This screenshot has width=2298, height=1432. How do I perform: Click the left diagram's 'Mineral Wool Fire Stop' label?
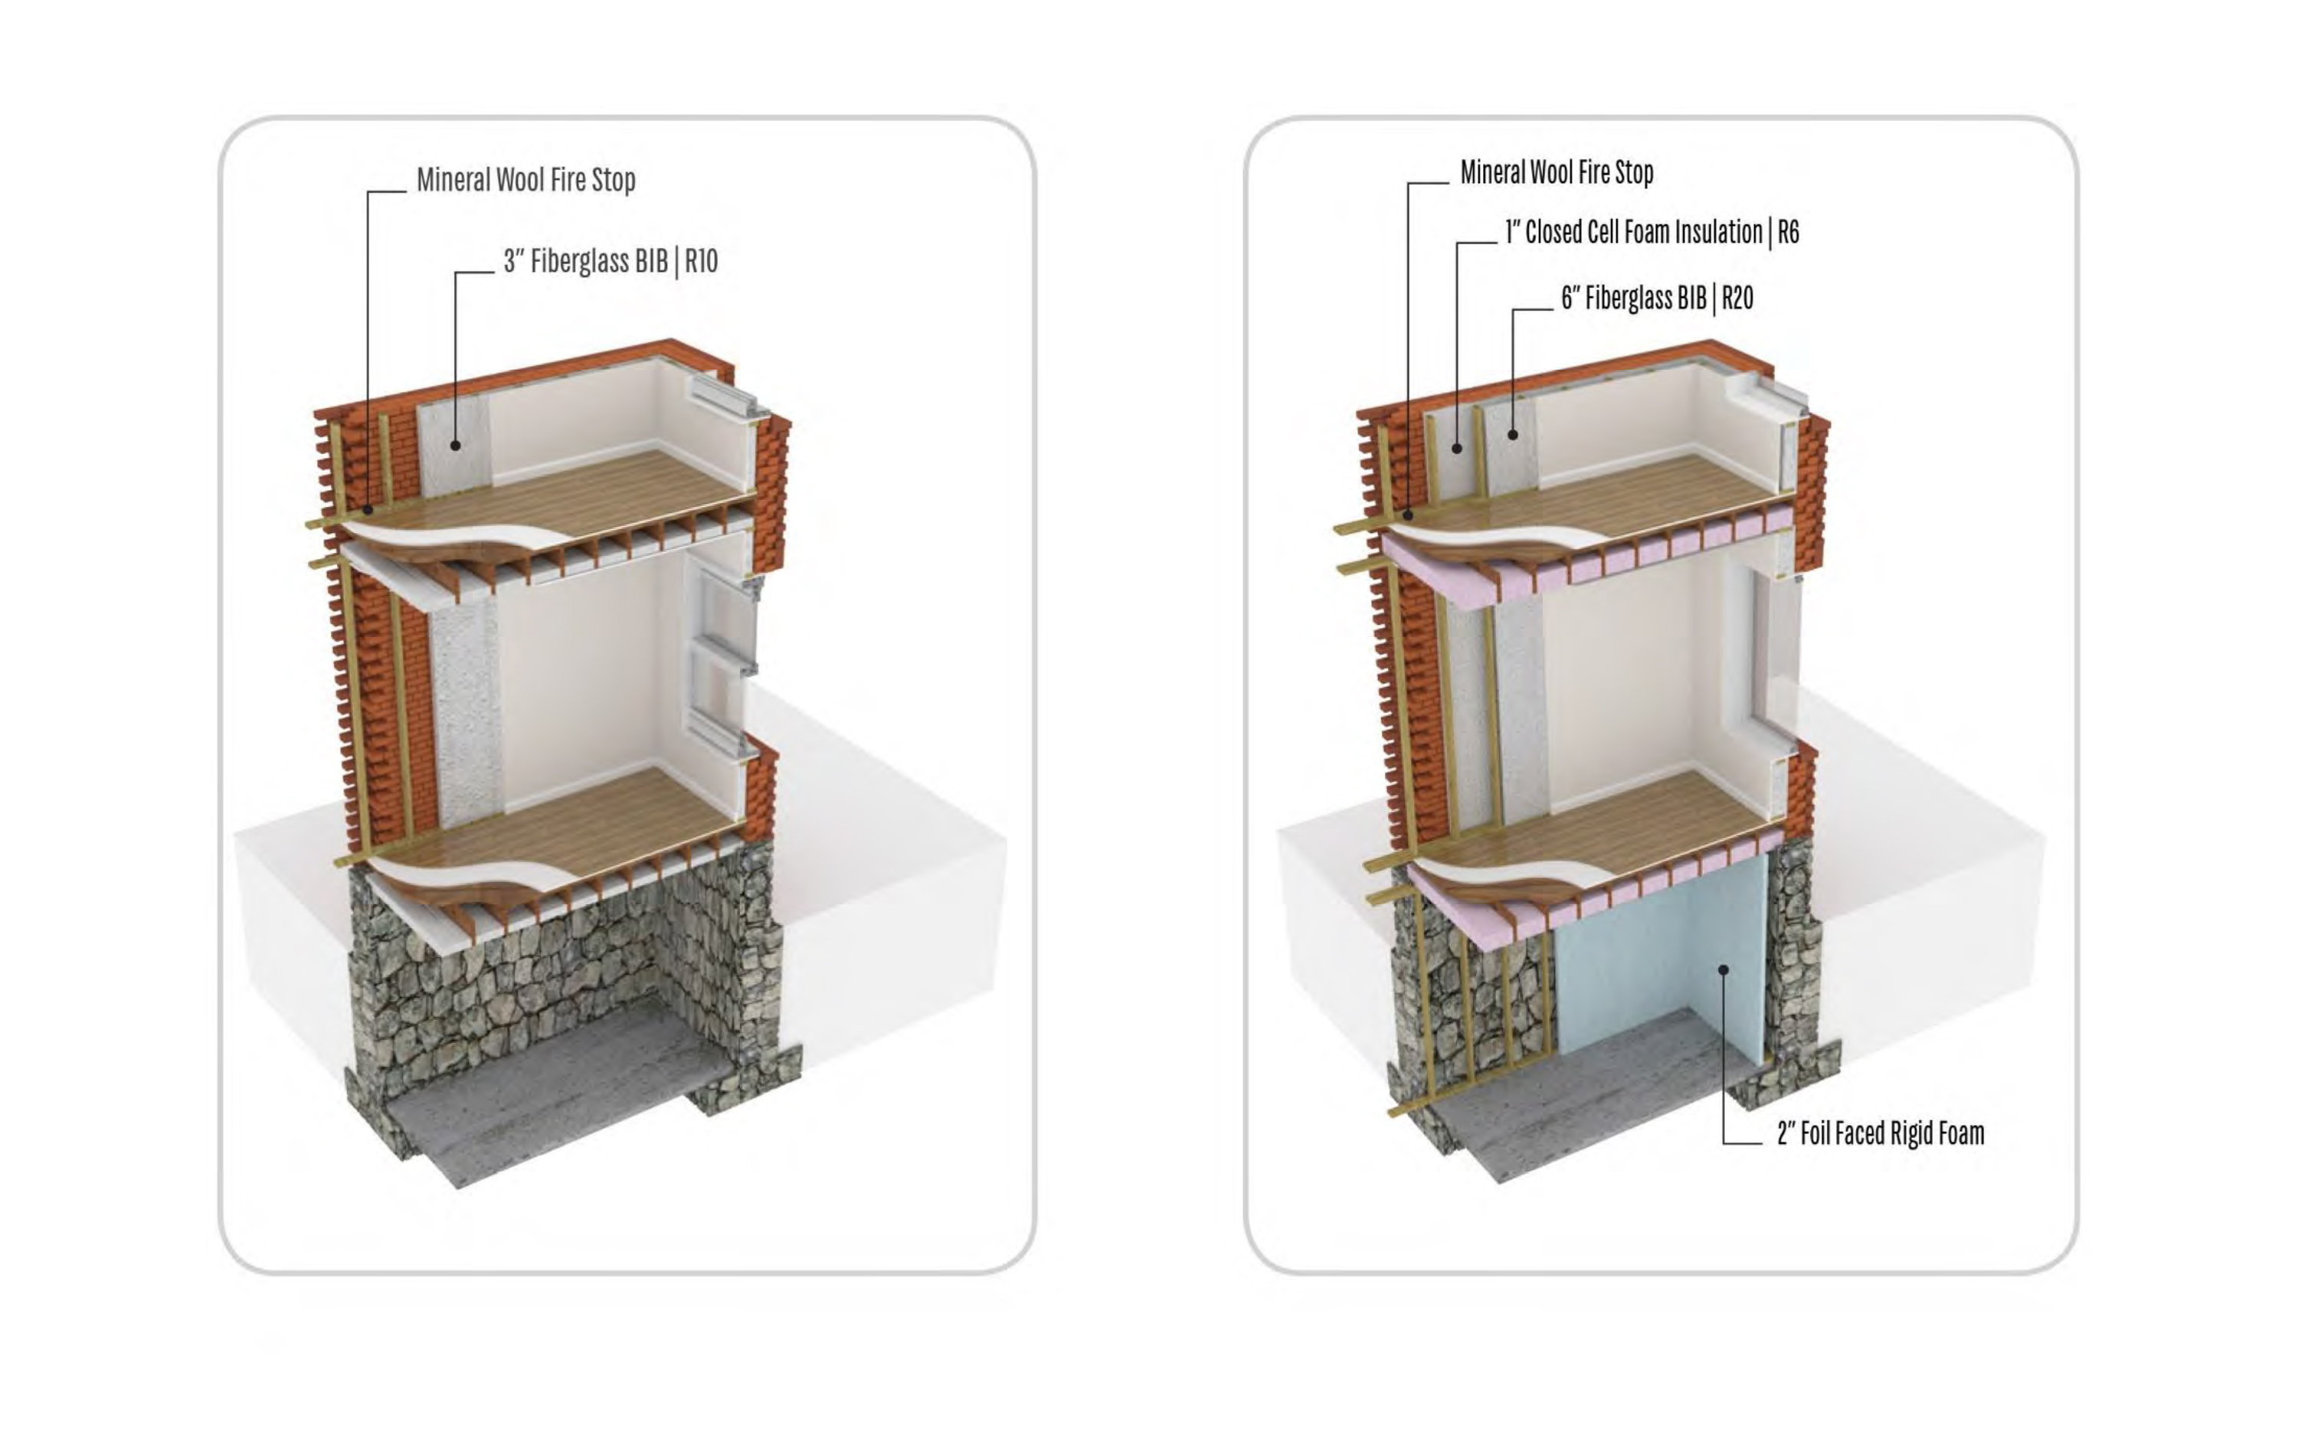tap(525, 180)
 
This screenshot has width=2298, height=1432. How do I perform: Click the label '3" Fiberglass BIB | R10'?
tap(611, 261)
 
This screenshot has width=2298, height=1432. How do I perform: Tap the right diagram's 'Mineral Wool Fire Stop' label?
tap(1557, 172)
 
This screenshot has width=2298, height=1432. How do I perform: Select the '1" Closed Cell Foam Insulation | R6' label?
tap(1652, 232)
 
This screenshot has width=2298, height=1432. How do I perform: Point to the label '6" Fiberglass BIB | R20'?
tap(1658, 299)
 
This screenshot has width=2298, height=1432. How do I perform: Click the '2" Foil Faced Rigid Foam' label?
tap(1881, 1133)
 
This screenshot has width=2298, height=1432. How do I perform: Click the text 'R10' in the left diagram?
tap(702, 261)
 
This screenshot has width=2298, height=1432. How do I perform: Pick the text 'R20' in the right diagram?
tap(1737, 299)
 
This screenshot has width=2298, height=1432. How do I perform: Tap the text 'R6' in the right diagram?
tap(1789, 232)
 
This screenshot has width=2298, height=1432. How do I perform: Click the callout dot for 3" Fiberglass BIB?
tap(456, 445)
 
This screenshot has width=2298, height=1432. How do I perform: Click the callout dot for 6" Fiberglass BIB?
tap(1513, 435)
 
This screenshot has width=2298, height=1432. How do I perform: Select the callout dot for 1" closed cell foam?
tap(1457, 448)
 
